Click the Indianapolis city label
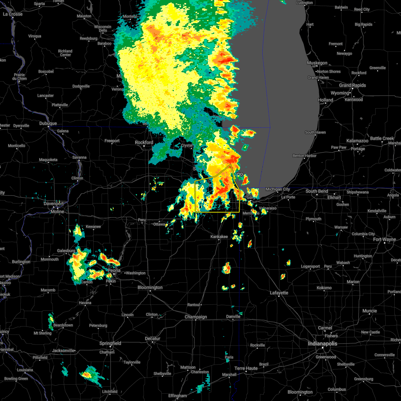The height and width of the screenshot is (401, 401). (322, 344)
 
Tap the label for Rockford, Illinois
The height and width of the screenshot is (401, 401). (144, 142)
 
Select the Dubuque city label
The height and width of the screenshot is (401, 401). (48, 123)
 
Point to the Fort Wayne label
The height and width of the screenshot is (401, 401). (384, 239)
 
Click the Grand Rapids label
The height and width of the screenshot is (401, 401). (353, 85)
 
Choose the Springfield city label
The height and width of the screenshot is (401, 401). (110, 343)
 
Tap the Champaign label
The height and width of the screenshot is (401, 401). (196, 317)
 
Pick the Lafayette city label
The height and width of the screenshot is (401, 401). (279, 293)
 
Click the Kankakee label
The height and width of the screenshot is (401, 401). (219, 237)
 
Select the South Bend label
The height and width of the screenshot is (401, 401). (317, 191)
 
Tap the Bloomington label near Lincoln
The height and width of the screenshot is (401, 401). (150, 287)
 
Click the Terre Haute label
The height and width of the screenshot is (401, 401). (246, 368)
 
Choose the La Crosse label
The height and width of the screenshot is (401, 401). (13, 14)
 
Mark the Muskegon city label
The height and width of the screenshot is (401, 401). (317, 63)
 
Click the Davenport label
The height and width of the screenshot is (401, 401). (53, 204)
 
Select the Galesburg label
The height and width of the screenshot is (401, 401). (66, 251)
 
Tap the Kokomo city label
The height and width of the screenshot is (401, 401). (324, 287)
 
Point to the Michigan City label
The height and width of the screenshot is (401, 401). (278, 189)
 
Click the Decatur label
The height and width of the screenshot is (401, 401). (153, 339)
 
